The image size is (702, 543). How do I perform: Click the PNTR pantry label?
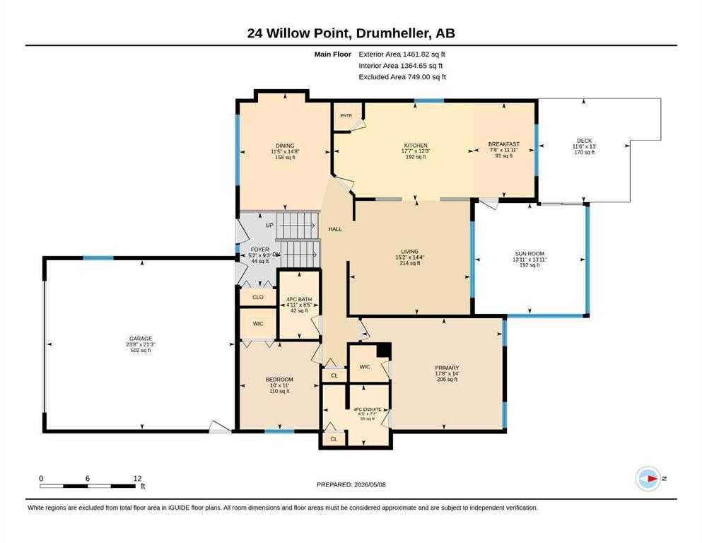click(346, 115)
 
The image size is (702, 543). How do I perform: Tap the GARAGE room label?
click(141, 339)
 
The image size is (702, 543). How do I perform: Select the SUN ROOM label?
click(530, 254)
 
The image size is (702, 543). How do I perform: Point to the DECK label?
click(584, 141)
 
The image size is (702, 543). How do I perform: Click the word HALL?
click(335, 229)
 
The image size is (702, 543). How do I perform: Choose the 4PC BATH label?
click(299, 300)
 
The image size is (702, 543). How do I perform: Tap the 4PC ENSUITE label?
click(367, 409)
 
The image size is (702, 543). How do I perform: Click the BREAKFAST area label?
click(503, 144)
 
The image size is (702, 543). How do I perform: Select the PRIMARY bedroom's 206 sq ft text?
click(447, 380)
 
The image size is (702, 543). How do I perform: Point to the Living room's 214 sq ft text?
click(409, 263)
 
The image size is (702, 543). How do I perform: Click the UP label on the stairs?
click(269, 225)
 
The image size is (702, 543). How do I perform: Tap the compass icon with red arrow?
click(648, 479)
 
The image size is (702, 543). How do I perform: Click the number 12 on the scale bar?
click(137, 478)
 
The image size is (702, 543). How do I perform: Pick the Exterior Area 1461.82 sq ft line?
click(402, 54)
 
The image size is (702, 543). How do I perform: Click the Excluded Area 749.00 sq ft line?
click(402, 76)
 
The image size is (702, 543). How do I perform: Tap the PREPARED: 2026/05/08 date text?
click(351, 484)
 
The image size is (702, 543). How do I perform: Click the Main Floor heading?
click(333, 54)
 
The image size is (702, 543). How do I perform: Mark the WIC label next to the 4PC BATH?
click(258, 324)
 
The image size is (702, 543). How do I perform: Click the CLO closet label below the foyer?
click(258, 297)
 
